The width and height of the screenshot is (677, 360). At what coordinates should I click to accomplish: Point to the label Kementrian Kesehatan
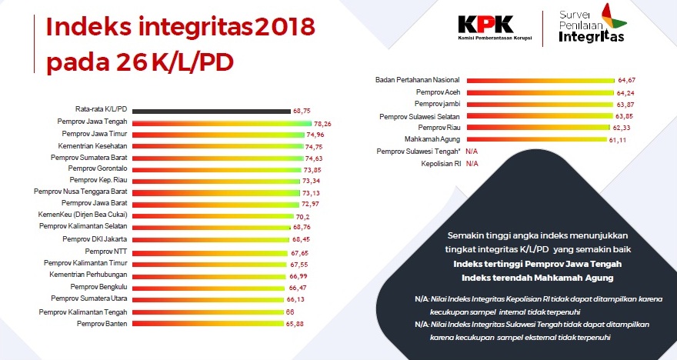coord(91,145)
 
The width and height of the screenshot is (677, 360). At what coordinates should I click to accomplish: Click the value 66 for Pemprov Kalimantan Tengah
coord(290,312)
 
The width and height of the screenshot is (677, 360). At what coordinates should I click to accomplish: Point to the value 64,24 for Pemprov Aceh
coord(627,92)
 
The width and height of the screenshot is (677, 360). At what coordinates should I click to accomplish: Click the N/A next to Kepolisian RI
coord(472,164)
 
